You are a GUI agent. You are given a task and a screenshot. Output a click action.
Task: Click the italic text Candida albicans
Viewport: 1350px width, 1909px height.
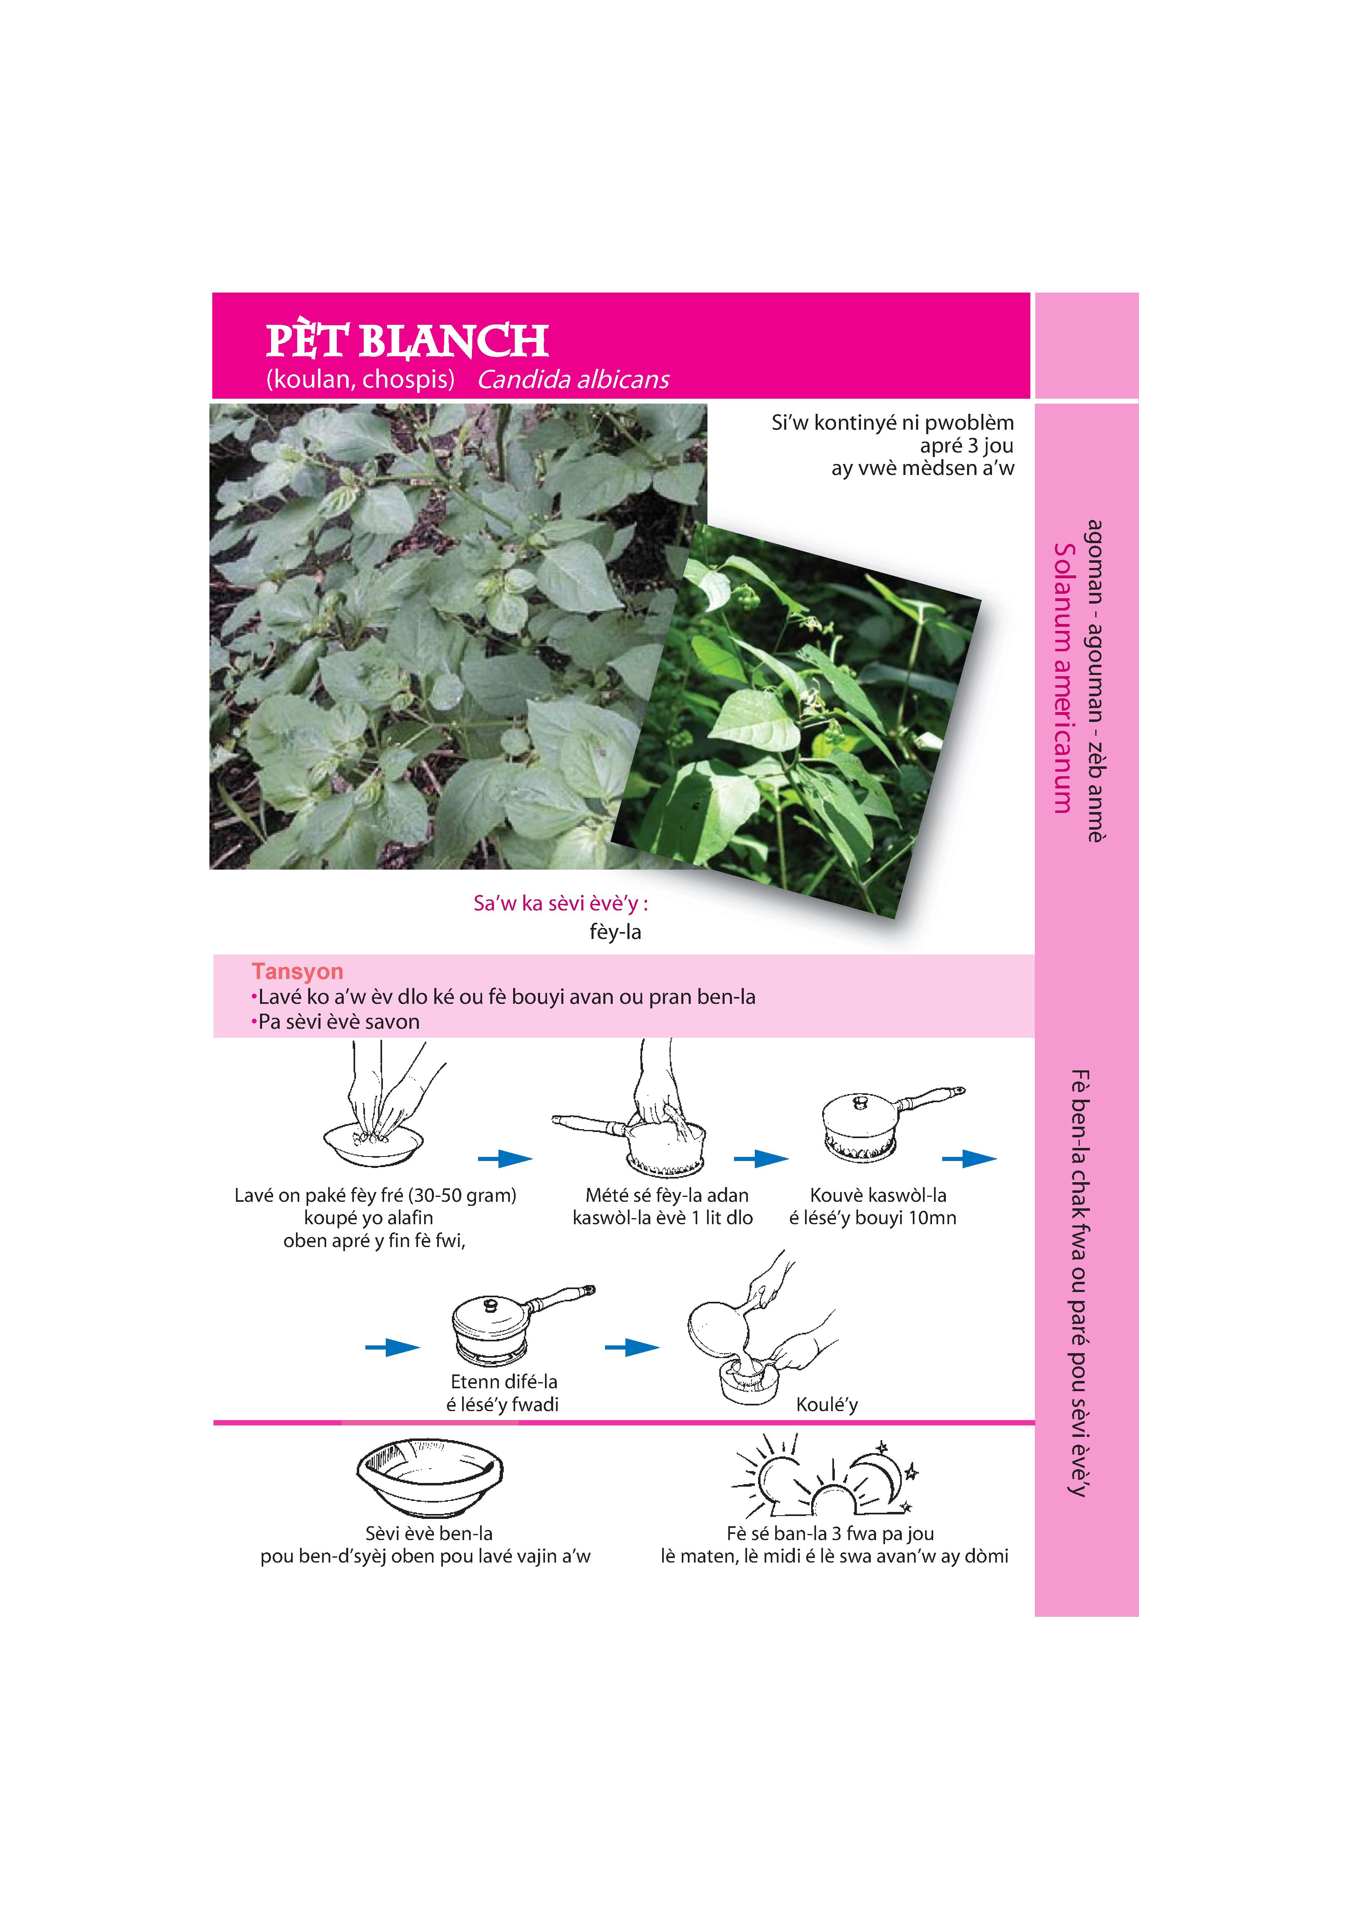coord(573,380)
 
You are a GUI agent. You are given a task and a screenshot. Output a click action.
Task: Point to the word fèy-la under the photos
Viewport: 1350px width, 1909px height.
coord(616,932)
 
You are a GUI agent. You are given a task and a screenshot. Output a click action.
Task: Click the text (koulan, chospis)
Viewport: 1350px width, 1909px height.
coord(360,380)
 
